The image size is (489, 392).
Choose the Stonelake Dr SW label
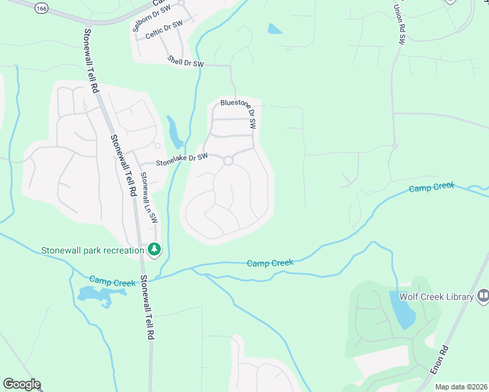pos(181,157)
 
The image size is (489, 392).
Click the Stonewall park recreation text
pos(93,250)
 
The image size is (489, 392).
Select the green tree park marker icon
pos(154,250)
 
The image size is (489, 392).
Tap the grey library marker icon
pos(483,297)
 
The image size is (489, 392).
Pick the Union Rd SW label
pos(399,24)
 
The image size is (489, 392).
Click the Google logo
pos(22,384)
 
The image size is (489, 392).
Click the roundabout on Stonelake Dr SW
pos(228,161)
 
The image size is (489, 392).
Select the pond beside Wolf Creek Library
pos(403,309)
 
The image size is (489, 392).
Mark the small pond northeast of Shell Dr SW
pos(275,29)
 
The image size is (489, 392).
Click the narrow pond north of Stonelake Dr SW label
pos(175,133)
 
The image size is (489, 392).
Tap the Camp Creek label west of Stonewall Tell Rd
pos(112,282)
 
